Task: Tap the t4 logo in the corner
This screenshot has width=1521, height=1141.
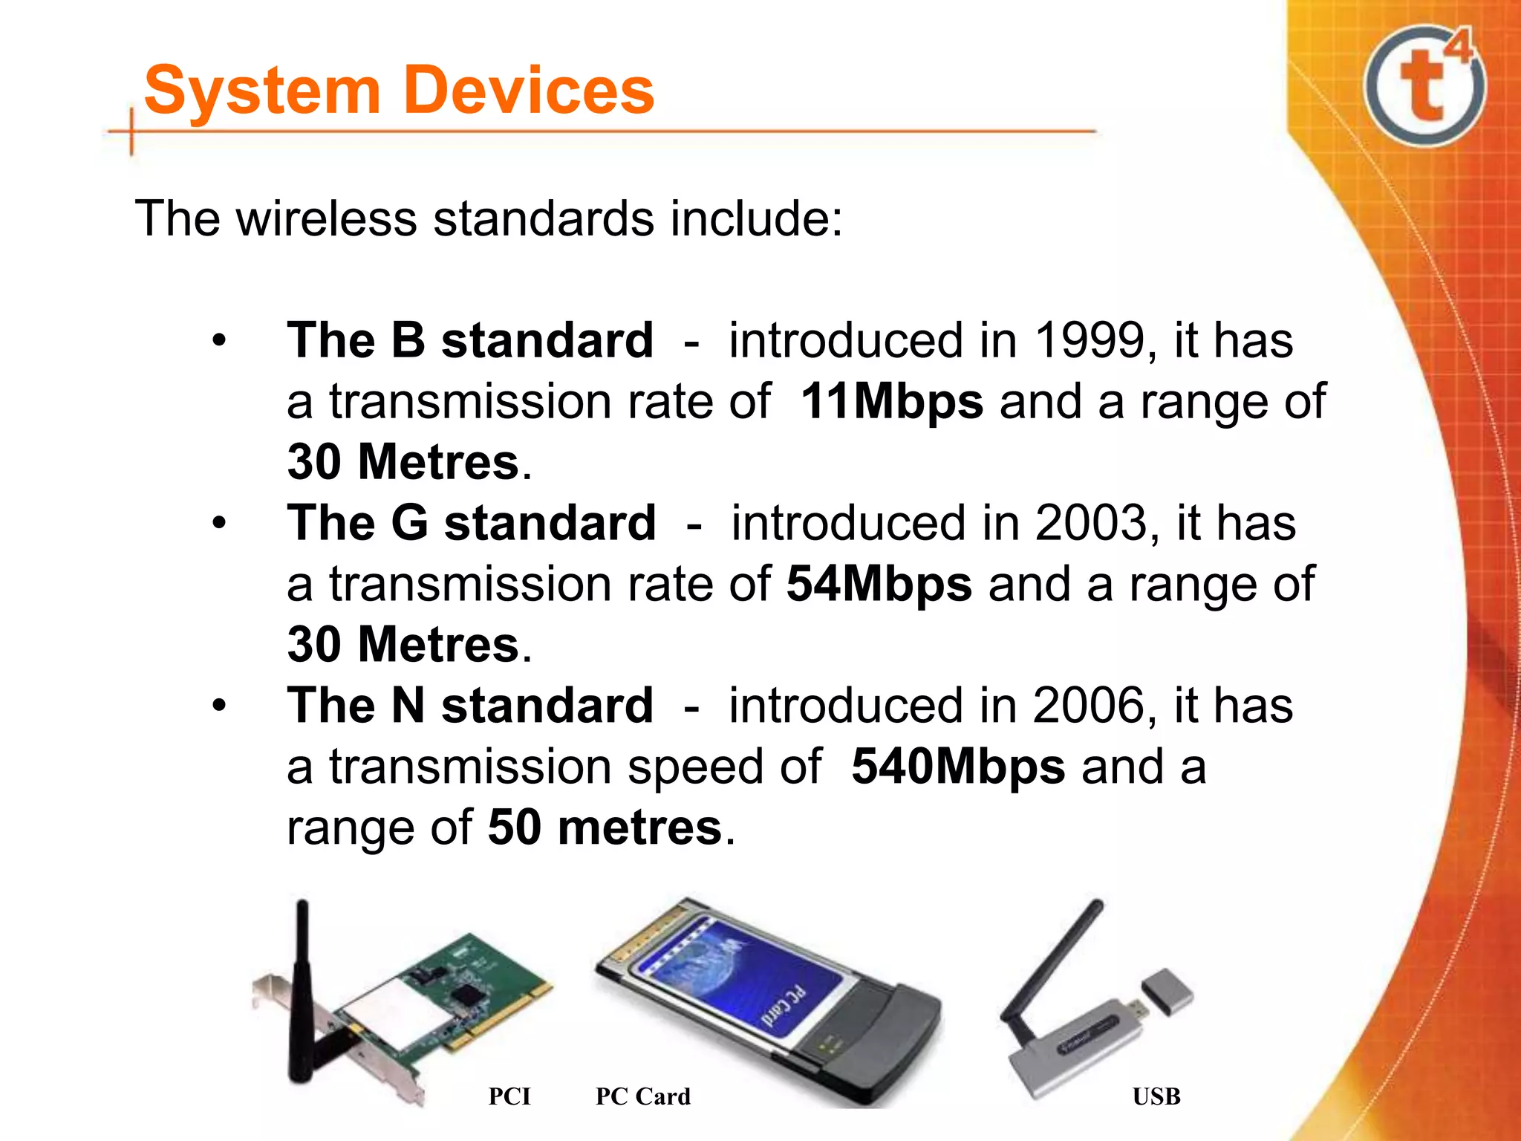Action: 1424,85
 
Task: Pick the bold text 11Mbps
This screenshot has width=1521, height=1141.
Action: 892,402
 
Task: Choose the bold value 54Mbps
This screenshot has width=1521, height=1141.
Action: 879,584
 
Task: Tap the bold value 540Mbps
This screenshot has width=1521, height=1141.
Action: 958,767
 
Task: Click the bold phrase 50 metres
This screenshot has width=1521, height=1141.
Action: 605,828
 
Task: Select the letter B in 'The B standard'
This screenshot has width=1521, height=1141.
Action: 408,341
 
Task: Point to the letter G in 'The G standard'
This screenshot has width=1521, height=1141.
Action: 409,523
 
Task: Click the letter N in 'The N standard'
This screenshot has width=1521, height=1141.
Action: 408,706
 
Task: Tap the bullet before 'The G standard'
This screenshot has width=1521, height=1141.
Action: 218,523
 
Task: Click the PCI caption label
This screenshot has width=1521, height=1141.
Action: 509,1096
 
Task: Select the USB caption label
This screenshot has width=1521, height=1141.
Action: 1156,1096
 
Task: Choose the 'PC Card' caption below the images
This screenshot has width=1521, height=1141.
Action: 642,1096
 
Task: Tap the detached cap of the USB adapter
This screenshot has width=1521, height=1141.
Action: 1167,992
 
